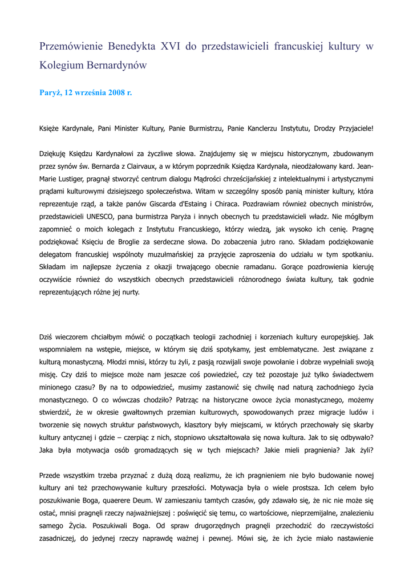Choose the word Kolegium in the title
(x=62, y=65)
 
